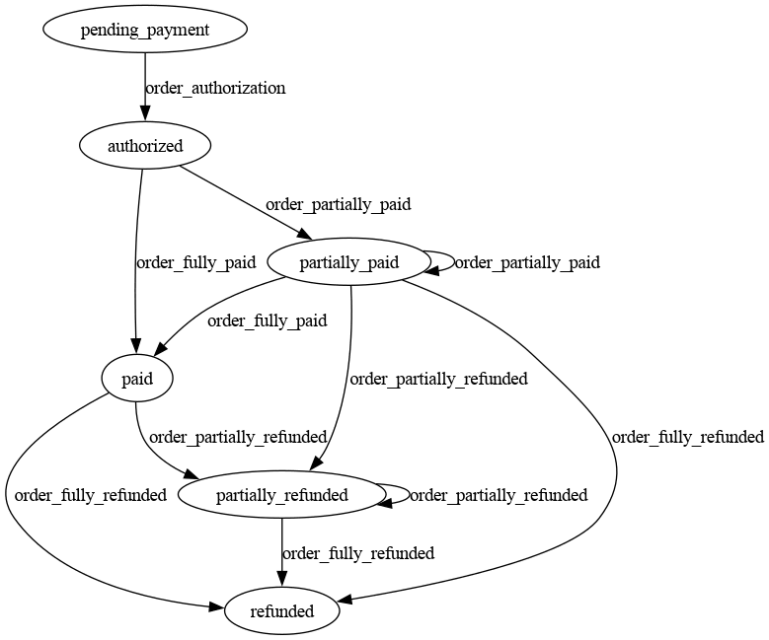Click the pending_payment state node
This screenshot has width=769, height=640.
pyautogui.click(x=144, y=30)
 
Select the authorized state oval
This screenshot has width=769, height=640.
pyautogui.click(x=145, y=146)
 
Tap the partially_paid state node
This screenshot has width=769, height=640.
pyautogui.click(x=348, y=262)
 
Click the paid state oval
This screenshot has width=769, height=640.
pyautogui.click(x=137, y=379)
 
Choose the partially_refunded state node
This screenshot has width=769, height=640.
pyautogui.click(x=282, y=495)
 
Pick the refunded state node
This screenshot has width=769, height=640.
pyautogui.click(x=282, y=611)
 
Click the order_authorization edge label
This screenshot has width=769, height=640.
pyautogui.click(x=215, y=88)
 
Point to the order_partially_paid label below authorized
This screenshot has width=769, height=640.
pyautogui.click(x=338, y=205)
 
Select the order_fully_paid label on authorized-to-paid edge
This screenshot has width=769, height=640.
pyautogui.click(x=195, y=262)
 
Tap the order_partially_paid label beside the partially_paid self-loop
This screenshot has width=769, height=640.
pyautogui.click(x=527, y=262)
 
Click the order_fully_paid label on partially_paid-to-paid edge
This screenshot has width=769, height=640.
pyautogui.click(x=267, y=320)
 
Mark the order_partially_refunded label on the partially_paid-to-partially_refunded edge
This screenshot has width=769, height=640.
pyautogui.click(x=438, y=379)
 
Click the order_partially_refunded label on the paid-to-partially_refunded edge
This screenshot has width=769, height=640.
pyautogui.click(x=237, y=437)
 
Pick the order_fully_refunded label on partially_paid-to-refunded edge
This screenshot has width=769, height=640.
pyautogui.click(x=687, y=437)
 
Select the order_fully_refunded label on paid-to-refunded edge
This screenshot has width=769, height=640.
pyautogui.click(x=90, y=495)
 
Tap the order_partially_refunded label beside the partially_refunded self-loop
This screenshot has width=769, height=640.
pyautogui.click(x=499, y=495)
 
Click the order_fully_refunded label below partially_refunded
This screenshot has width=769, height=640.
pyautogui.click(x=357, y=553)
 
